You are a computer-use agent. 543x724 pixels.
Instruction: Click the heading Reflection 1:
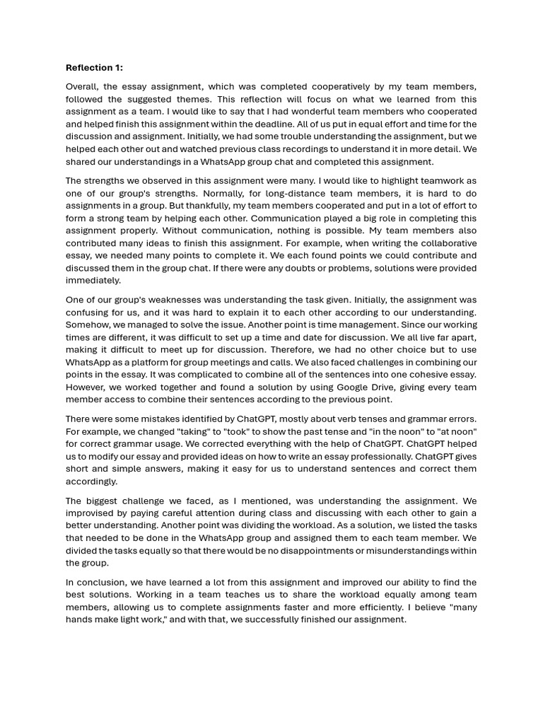pyautogui.click(x=94, y=68)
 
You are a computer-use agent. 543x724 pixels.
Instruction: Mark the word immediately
pyautogui.click(x=93, y=280)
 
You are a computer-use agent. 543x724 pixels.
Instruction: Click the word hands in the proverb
pyautogui.click(x=81, y=619)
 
